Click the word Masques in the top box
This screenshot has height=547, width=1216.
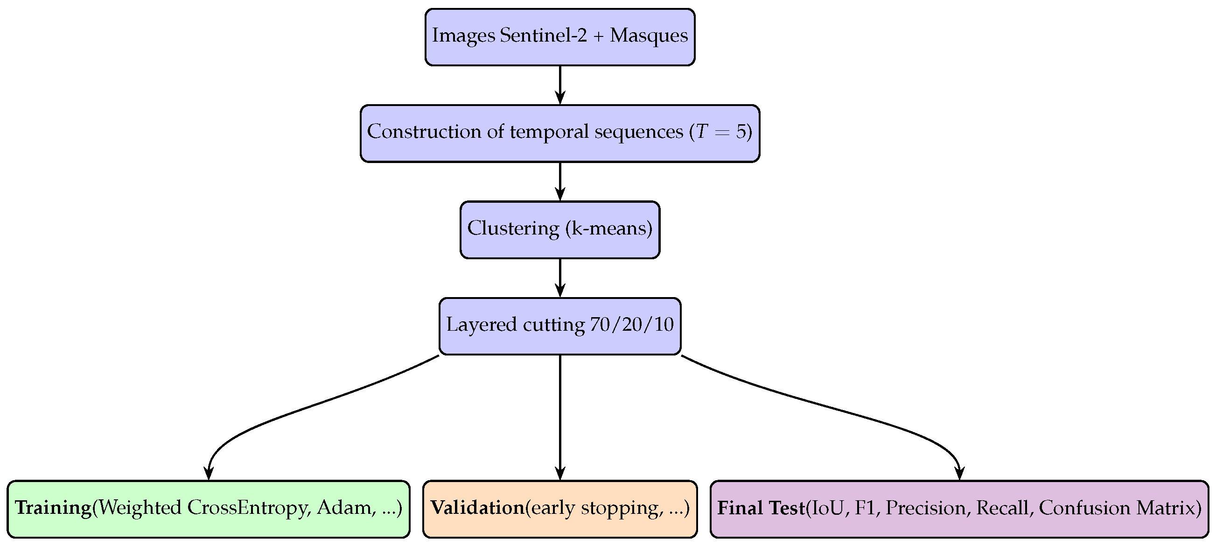coord(649,36)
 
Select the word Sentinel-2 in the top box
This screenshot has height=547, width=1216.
coord(543,36)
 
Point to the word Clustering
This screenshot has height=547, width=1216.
coord(513,228)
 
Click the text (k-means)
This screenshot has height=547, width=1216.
coord(609,228)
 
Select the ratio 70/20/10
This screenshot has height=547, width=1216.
coord(632,325)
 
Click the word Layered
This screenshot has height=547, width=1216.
coord(482,326)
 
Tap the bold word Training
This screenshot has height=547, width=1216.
coord(53,508)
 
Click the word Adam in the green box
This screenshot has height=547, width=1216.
coord(346,508)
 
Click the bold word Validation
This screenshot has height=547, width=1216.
coord(477,508)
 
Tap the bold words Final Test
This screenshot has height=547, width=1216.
coord(761,508)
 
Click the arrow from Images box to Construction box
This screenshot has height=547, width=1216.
coord(560,85)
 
